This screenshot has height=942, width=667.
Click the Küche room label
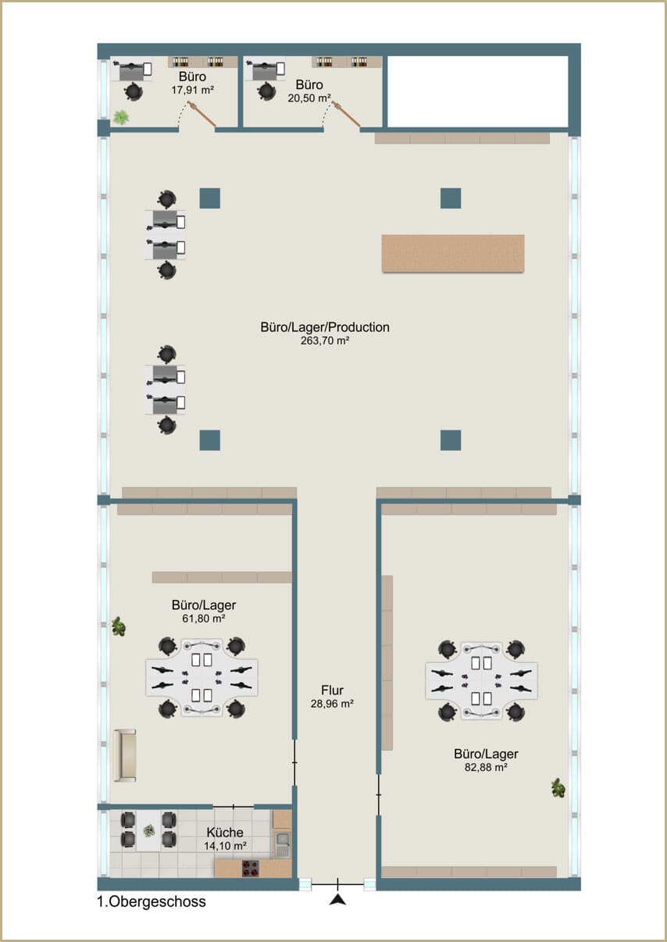point(225,832)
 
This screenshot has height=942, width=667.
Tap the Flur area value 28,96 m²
point(332,703)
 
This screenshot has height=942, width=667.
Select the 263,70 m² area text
point(325,341)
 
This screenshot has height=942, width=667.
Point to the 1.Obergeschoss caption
point(152,901)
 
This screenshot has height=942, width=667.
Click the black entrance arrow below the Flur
point(337,900)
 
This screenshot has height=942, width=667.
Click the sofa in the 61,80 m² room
point(124,755)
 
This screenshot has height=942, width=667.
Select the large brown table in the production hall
point(453,254)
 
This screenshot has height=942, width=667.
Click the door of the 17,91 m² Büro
point(202,114)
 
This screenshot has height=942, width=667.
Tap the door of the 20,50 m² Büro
point(346,113)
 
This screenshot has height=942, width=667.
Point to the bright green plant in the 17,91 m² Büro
point(121,117)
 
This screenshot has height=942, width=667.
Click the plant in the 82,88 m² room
point(558,787)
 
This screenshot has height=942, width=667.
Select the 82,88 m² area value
point(486,767)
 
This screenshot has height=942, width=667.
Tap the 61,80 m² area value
point(204,619)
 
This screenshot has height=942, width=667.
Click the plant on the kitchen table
point(148,830)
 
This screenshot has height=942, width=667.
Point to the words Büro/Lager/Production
point(325,327)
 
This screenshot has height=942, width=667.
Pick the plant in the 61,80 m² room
point(119,626)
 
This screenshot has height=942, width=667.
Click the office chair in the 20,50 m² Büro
point(266,91)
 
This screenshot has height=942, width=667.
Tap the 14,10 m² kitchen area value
point(226,846)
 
